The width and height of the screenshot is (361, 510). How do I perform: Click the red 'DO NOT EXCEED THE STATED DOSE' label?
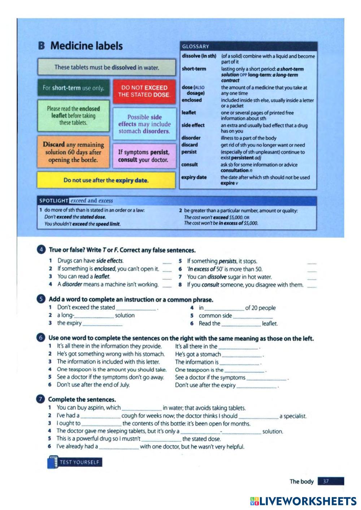[144, 91]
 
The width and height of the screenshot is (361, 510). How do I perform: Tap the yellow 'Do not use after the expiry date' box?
[106, 180]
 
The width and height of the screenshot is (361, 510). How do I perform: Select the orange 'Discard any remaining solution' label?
[74, 152]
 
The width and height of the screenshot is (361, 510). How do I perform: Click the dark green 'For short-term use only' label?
[73, 88]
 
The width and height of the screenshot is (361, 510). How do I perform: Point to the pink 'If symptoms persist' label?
[143, 156]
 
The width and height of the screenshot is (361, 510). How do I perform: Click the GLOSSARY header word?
[196, 47]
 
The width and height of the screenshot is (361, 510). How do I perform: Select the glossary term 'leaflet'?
[189, 113]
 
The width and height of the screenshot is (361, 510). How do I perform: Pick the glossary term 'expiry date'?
[194, 177]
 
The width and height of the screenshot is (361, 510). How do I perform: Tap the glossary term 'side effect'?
[193, 125]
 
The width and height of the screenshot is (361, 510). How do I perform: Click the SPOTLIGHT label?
[53, 201]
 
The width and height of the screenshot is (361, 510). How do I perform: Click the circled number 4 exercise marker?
[42, 250]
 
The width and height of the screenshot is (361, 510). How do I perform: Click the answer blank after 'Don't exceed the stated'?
[136, 308]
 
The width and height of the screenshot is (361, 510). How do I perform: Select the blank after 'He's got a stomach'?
[242, 355]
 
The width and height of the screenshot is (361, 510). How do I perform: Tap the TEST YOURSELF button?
[75, 462]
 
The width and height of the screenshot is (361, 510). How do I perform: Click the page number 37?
[326, 482]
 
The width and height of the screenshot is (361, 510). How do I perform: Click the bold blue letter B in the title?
[42, 46]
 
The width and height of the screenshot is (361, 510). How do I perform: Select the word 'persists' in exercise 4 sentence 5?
[227, 261]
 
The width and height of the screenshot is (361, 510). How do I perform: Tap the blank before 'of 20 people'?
[224, 308]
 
